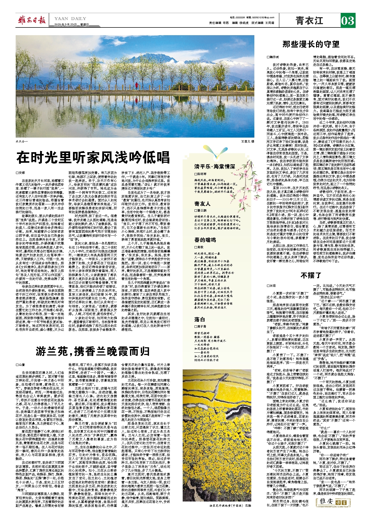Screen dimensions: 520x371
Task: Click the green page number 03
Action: tap(348, 21)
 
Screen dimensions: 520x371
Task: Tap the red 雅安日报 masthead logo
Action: tap(32, 20)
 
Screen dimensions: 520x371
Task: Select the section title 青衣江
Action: tap(309, 21)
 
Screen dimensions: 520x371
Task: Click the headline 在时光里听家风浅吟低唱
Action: tap(93, 157)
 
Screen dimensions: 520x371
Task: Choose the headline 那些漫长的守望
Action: tap(311, 44)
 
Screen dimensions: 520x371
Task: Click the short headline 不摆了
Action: tap(311, 275)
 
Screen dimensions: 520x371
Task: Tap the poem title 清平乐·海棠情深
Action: tap(215, 167)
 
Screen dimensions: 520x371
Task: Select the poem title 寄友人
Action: tap(202, 204)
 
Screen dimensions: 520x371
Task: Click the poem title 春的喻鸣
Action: tap(205, 240)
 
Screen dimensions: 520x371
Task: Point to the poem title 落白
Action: tap(200, 319)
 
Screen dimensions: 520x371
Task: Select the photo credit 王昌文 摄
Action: tap(247, 141)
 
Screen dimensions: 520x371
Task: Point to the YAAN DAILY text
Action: tap(70, 18)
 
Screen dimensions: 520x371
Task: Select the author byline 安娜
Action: tap(21, 173)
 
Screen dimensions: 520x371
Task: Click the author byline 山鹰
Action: tap(21, 364)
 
